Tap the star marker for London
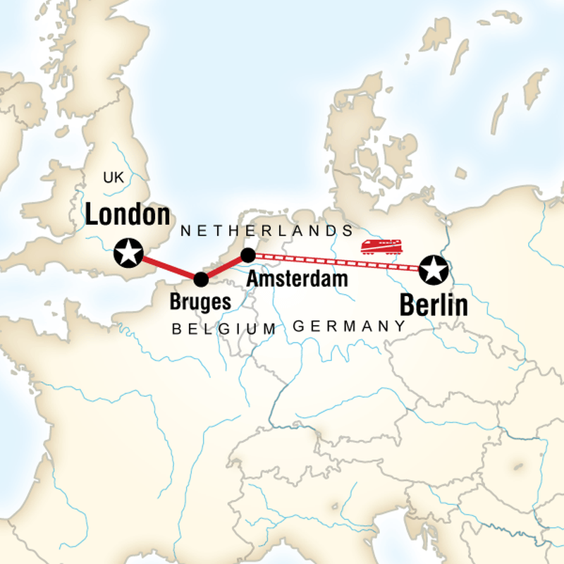point(128,252)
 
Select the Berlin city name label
point(434,305)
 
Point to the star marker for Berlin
point(433,269)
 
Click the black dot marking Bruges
point(201,279)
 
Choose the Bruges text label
point(200,303)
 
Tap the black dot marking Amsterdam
point(247,255)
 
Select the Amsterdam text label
point(297,278)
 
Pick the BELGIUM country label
point(224,329)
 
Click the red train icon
point(381,246)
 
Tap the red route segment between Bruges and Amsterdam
point(224,267)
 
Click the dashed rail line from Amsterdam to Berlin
point(331,261)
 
